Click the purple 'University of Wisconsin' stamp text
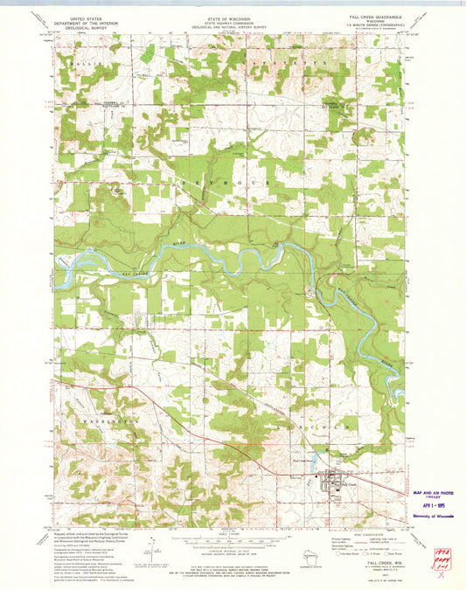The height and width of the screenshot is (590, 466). (x=429, y=517)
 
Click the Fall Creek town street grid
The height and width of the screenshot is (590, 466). (x=333, y=480)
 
